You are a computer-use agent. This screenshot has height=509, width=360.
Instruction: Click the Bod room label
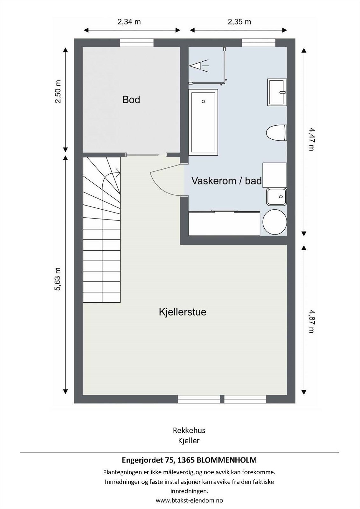131,100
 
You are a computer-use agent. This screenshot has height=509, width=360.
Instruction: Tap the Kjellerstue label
183,312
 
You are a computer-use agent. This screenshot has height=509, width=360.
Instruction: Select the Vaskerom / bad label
226,181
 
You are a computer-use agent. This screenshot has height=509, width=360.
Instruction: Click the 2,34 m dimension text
129,22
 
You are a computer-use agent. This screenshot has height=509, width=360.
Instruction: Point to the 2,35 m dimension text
239,22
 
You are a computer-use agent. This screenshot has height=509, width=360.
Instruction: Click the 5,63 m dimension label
58,279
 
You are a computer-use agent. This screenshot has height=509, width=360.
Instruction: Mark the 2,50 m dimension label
58,92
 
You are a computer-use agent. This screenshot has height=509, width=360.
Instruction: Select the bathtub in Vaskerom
203,122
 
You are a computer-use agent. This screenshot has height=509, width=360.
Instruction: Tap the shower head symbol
198,66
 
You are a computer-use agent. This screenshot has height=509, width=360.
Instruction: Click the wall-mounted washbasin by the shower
277,93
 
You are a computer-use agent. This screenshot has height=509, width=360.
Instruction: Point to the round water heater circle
275,222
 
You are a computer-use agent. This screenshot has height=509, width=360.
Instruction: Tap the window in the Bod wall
137,43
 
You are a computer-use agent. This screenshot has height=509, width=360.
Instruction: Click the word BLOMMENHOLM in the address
227,460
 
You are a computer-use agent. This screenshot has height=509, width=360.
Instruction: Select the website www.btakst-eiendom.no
189,500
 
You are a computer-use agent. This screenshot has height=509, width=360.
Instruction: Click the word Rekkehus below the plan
189,430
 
